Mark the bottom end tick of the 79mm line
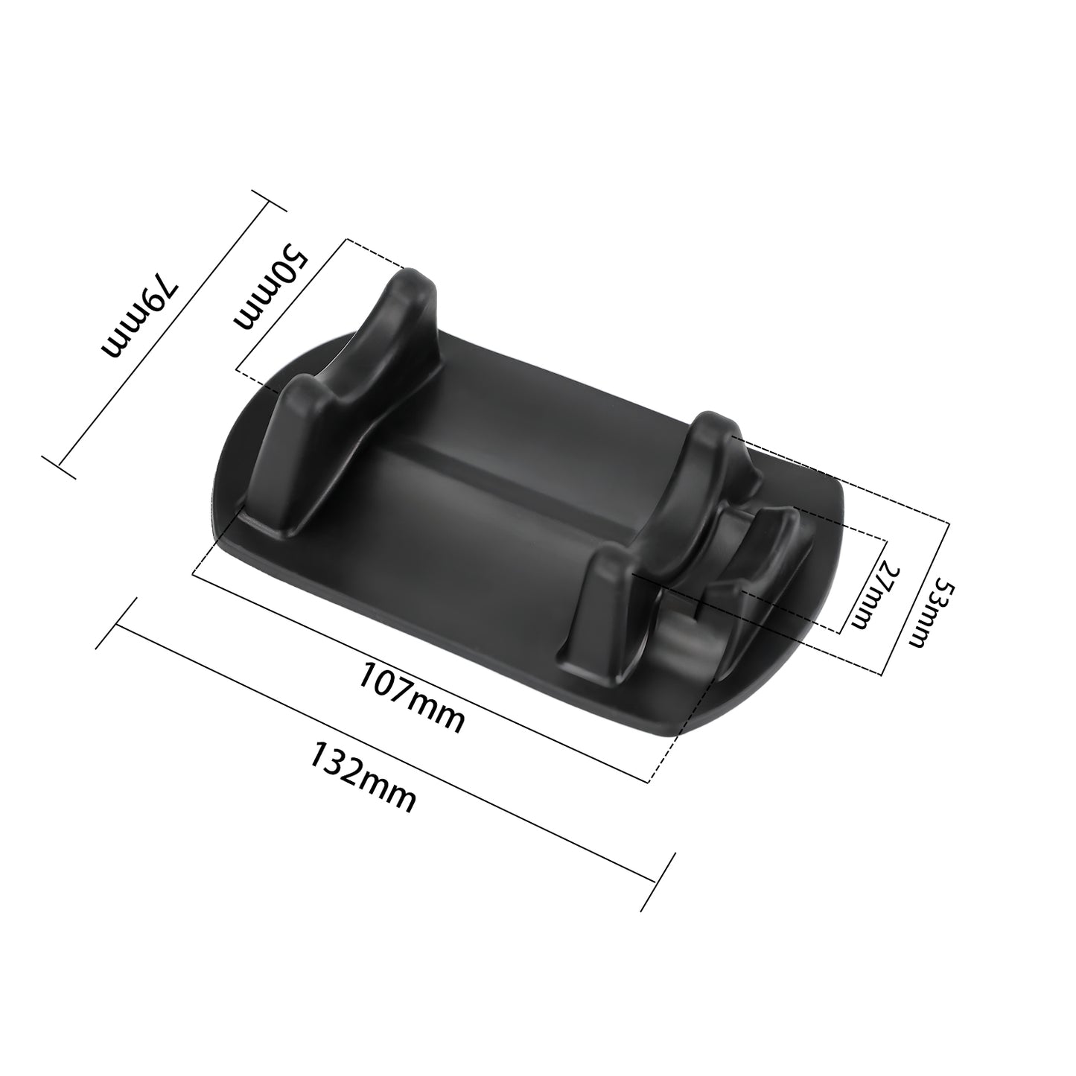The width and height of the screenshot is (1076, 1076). coord(60,468)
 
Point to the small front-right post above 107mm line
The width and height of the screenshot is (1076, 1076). coord(596,603)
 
